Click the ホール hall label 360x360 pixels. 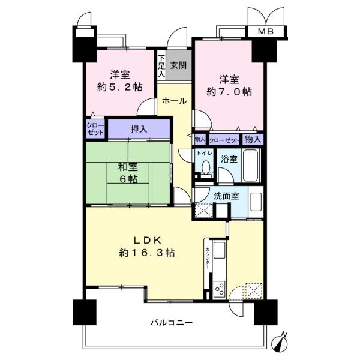tap(175, 101)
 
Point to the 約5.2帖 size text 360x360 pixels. tap(118, 87)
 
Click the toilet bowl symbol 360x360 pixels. tap(206, 167)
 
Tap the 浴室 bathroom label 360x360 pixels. tap(229, 160)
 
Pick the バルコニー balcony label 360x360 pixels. tap(172, 323)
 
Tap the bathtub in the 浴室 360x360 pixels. tap(253, 166)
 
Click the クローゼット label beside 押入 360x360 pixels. tap(95, 129)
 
